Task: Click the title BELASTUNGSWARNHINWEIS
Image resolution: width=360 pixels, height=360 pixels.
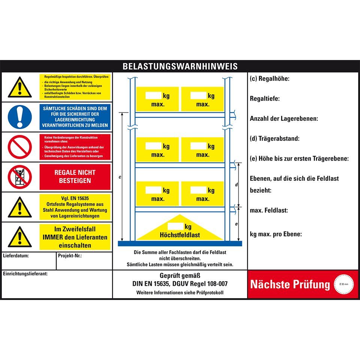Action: [x=180, y=66]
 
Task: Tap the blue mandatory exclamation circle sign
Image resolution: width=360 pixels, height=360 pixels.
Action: [x=19, y=117]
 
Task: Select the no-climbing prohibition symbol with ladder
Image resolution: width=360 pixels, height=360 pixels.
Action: [x=19, y=177]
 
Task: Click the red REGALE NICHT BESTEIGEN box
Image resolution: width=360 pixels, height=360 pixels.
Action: [x=75, y=177]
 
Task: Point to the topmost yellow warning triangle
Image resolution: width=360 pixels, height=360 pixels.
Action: [x=19, y=88]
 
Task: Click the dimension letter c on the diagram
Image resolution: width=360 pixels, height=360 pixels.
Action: [x=120, y=177]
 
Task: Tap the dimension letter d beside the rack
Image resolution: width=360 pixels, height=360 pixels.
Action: [x=236, y=184]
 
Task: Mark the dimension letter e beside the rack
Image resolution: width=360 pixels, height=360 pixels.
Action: [x=236, y=224]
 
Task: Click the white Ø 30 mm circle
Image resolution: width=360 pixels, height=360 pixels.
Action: [x=344, y=284]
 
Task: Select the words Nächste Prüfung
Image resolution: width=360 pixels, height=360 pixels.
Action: [x=290, y=284]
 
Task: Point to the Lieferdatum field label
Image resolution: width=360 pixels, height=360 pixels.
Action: [x=16, y=256]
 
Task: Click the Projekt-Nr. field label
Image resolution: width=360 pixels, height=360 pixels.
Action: [x=70, y=256]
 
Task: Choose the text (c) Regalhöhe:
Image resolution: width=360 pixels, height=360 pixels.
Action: [x=270, y=79]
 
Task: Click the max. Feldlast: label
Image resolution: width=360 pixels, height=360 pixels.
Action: [x=269, y=210]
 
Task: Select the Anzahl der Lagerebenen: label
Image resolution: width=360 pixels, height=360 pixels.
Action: [x=284, y=118]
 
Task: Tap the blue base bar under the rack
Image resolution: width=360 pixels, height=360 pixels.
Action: [x=180, y=243]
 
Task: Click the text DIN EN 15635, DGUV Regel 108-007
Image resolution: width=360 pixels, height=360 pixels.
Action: [x=180, y=284]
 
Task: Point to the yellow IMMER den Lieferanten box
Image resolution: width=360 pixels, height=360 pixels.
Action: [x=75, y=237]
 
